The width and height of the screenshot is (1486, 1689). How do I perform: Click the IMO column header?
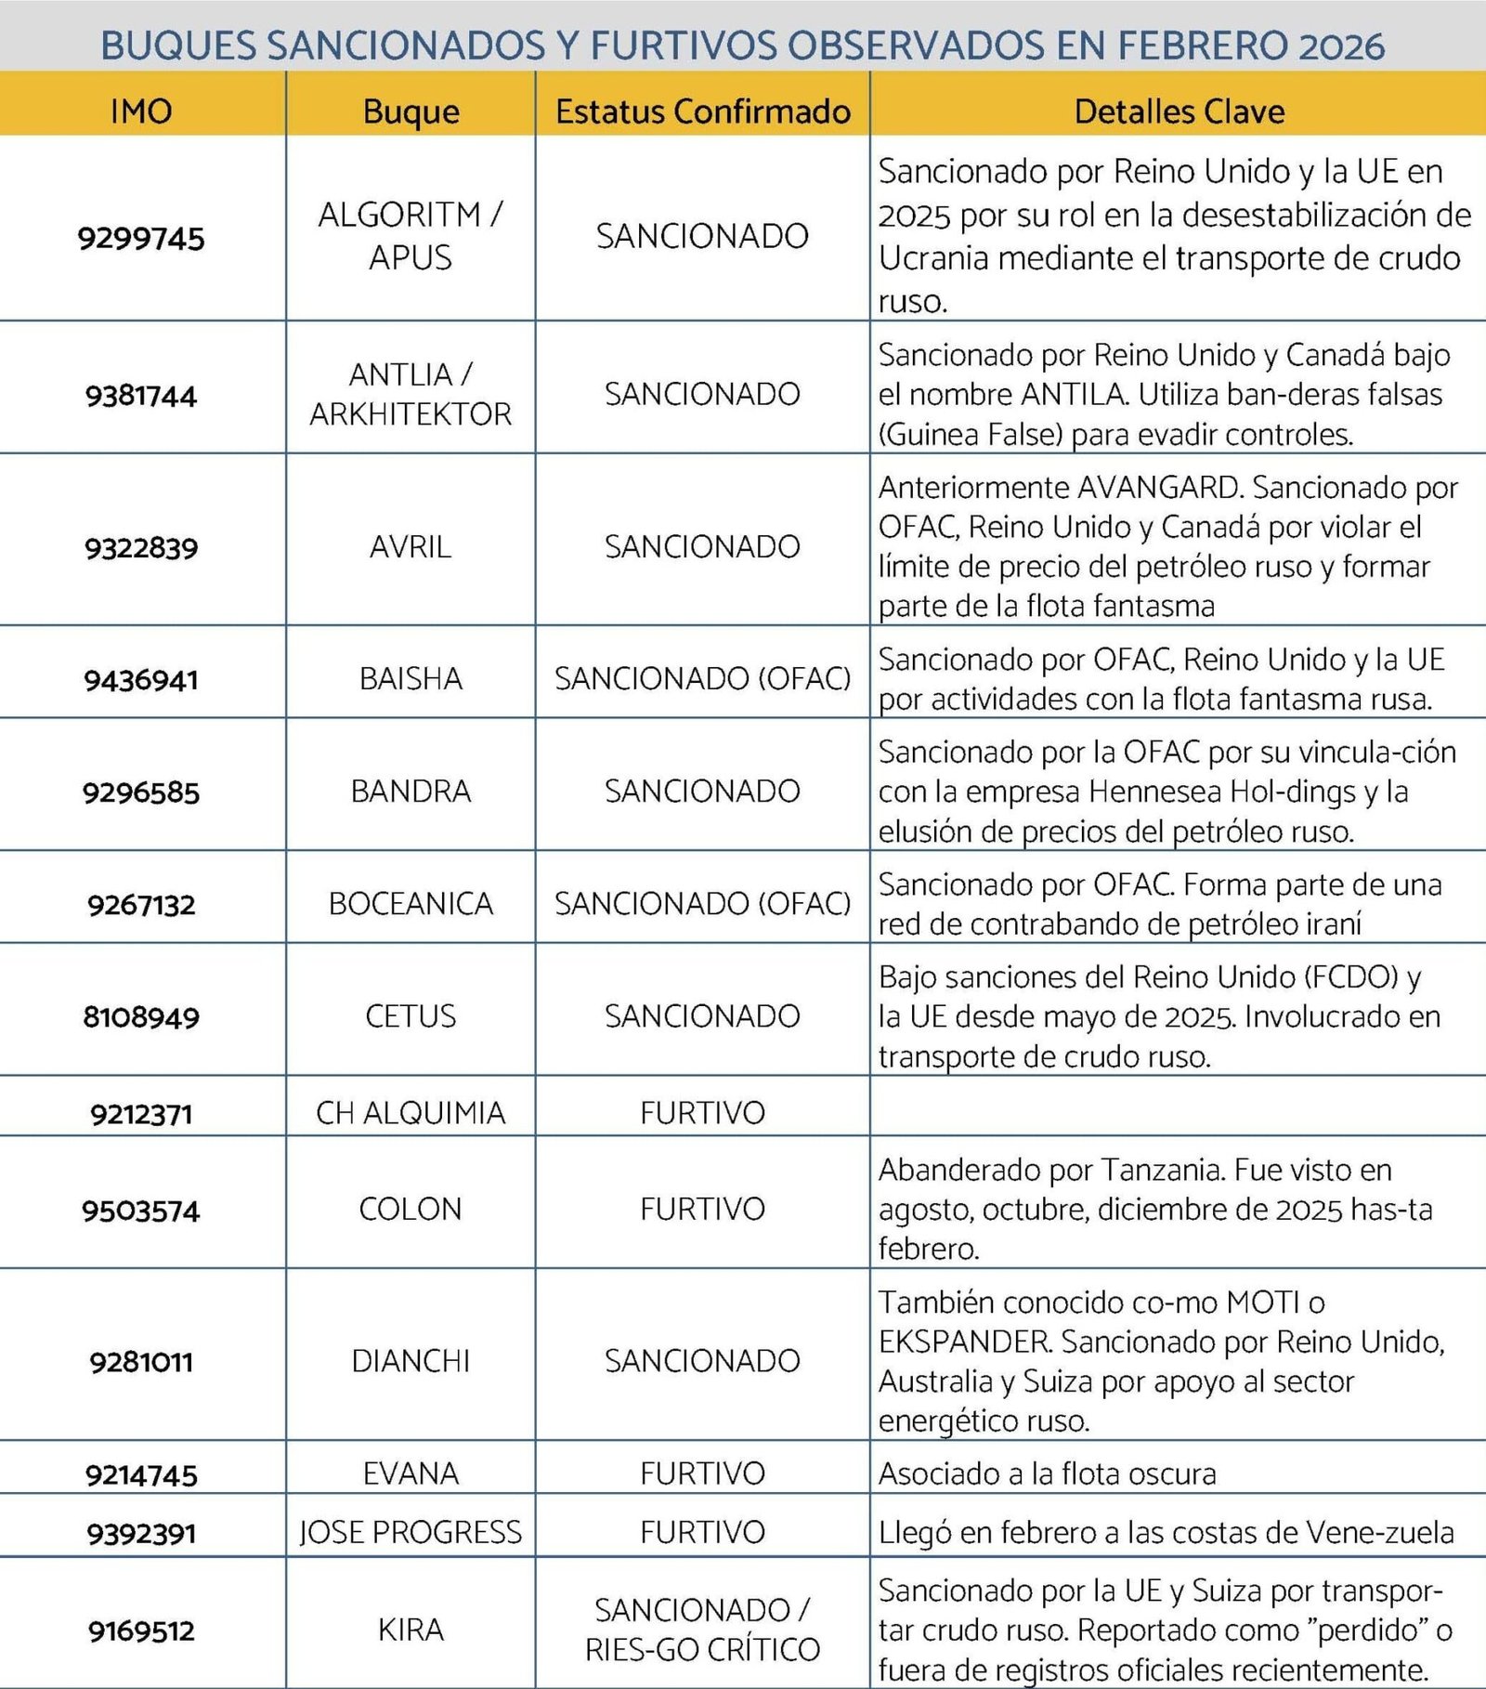141,111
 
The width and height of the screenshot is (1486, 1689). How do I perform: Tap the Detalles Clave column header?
1179,111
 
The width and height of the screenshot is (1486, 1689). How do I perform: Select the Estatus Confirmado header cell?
703,111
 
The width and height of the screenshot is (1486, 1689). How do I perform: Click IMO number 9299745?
141,238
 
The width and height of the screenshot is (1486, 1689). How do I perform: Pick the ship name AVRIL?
411,546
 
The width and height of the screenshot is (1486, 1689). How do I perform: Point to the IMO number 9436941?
141,680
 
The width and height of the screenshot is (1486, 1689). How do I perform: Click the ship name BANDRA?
411,791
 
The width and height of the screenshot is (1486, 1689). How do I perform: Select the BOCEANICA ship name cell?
411,903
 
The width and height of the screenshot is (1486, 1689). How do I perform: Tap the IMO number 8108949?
141,1016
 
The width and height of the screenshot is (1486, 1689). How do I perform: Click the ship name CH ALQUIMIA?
411,1112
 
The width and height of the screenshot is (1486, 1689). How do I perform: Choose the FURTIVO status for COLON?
702,1209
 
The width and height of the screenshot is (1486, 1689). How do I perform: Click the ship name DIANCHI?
411,1361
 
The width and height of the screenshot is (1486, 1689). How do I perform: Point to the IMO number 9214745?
141,1474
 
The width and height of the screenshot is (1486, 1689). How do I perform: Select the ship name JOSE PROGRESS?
411,1532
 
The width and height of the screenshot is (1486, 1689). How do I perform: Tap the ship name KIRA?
411,1630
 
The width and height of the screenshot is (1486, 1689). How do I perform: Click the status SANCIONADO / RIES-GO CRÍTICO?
702,1630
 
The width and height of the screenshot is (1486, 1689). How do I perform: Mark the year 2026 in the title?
1341,45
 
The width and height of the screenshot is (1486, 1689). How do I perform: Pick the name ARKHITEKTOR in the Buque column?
411,414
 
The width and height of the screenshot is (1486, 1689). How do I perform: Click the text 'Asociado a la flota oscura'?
1047,1473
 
